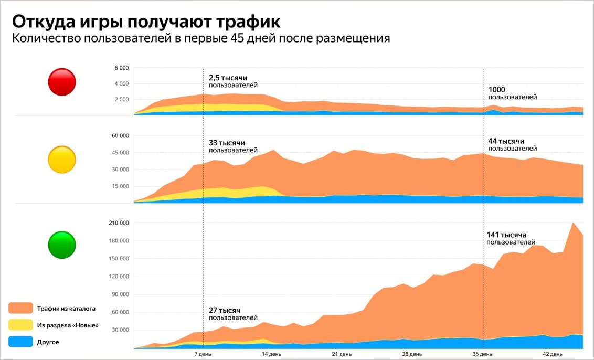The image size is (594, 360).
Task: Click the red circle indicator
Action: coord(62,82)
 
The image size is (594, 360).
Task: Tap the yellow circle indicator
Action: coord(62,160)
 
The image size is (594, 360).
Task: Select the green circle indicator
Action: coord(62,245)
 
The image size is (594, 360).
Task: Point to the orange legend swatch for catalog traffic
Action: coord(21,308)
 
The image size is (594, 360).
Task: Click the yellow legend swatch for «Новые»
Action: coord(21,325)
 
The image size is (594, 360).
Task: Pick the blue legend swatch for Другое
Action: coord(21,342)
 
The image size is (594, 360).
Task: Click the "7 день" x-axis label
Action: coord(203,354)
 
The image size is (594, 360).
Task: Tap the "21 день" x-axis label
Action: coord(342,354)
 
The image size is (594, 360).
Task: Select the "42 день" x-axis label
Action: coord(552,354)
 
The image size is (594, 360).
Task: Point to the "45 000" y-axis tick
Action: coord(119,153)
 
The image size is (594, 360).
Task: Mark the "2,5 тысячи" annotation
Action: coord(228,78)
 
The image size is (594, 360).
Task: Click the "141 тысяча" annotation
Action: coord(506,235)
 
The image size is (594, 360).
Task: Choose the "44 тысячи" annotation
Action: coord(506,142)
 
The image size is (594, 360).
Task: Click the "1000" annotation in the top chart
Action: coord(497,90)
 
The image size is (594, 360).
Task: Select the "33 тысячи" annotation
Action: coord(227,143)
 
